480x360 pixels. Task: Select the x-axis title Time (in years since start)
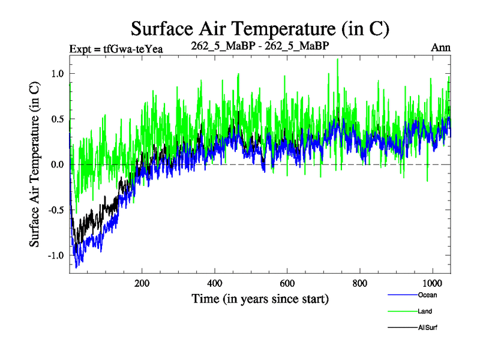coord(260,298)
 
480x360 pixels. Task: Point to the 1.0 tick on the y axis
coord(58,73)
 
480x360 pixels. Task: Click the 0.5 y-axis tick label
coord(58,119)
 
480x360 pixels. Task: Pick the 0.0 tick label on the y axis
coord(58,164)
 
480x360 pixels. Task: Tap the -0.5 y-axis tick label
coord(56,210)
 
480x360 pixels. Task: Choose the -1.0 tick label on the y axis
coord(56,256)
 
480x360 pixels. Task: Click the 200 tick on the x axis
coord(142,283)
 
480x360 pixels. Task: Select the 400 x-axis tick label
coord(215,283)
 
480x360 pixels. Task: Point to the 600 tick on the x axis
coord(287,283)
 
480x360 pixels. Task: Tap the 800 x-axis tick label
coord(360,283)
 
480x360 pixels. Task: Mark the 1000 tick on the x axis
coord(432,283)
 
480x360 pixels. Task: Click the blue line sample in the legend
coord(402,295)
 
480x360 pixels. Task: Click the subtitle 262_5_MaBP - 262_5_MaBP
coord(259,46)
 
